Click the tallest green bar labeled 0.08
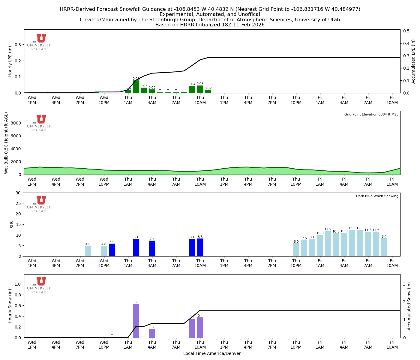coord(136,87)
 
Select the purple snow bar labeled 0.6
coord(136,321)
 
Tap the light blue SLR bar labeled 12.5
coord(360,243)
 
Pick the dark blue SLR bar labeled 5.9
coord(112,250)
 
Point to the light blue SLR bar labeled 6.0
coord(296,250)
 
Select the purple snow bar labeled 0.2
coord(152,333)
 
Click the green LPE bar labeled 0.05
coord(200,89)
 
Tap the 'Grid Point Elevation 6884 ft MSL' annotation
coord(371,115)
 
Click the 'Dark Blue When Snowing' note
coord(377,196)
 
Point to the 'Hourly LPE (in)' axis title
coord(10,61)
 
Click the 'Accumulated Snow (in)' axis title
coord(409,306)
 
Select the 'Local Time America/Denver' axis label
coord(212,353)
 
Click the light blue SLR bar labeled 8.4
coord(384,247)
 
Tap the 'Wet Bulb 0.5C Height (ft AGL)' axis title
coord(6,143)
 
